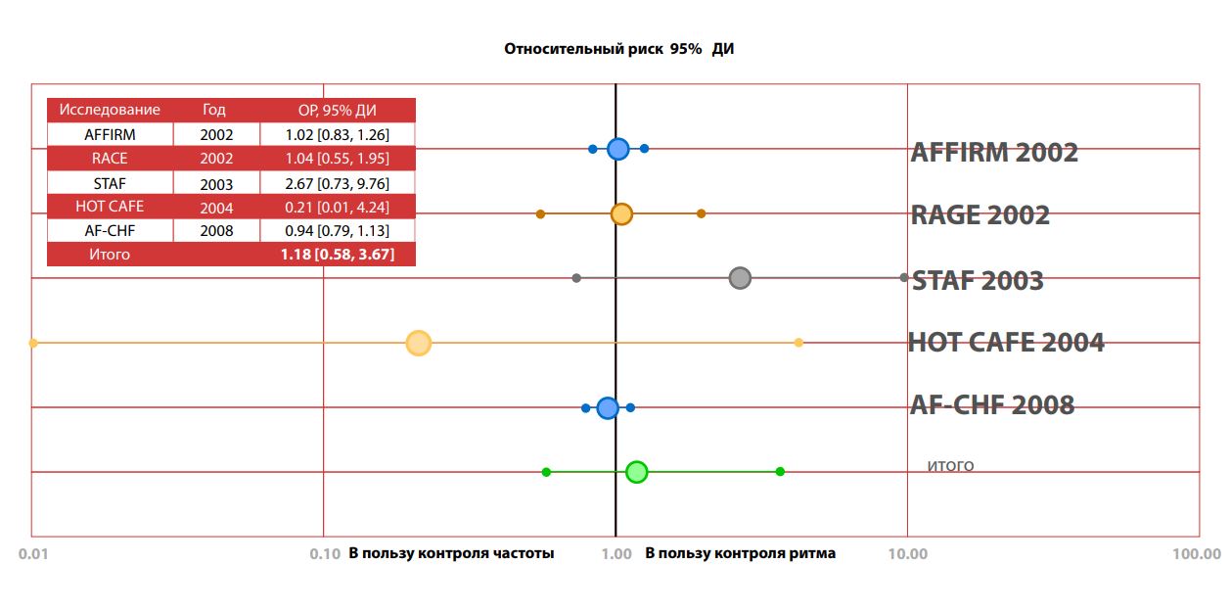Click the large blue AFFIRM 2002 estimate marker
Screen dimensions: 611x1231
click(x=617, y=149)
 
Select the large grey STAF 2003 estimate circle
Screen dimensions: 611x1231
click(x=740, y=278)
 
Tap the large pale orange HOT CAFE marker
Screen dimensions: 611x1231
click(x=418, y=343)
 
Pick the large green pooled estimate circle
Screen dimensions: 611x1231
click(x=637, y=472)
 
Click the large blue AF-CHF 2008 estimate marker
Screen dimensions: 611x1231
click(x=608, y=407)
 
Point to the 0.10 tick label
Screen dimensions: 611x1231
click(x=325, y=554)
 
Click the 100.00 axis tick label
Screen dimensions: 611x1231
click(x=1198, y=554)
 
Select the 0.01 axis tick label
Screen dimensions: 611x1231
click(x=33, y=554)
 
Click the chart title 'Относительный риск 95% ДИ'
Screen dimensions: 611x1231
click(x=618, y=49)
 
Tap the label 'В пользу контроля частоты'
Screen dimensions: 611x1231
click(x=451, y=554)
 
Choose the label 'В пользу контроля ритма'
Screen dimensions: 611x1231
click(x=741, y=554)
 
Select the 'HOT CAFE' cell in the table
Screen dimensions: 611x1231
click(x=110, y=207)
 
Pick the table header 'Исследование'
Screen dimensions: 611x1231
click(x=110, y=110)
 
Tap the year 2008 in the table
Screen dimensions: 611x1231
click(x=216, y=231)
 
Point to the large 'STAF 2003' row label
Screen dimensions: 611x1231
click(x=978, y=281)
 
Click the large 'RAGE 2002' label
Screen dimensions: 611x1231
click(x=980, y=215)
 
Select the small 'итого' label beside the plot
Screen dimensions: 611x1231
click(x=950, y=466)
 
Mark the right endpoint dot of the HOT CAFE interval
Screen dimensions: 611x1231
click(x=798, y=343)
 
